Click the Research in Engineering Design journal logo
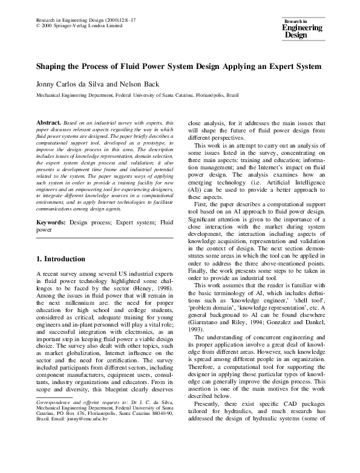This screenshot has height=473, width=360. pyautogui.click(x=303, y=28)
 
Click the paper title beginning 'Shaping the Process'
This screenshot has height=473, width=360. pyautogui.click(x=179, y=66)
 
